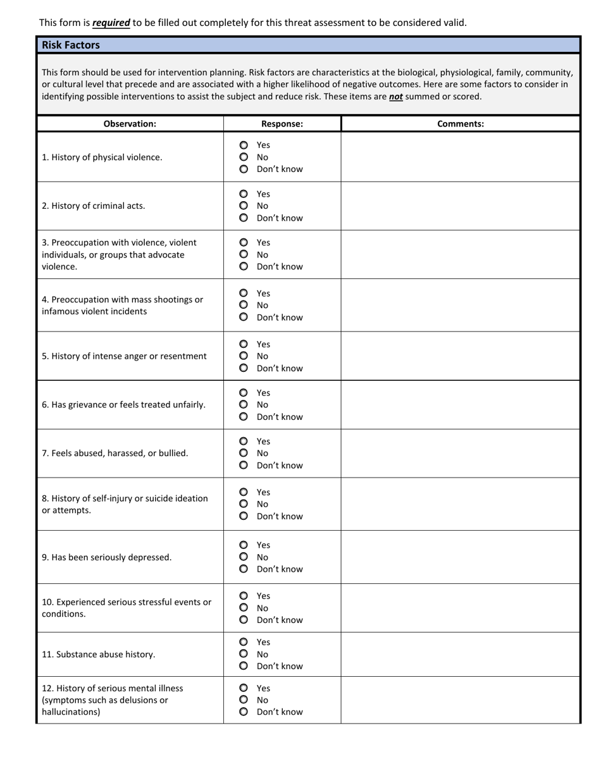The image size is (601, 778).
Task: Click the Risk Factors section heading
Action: tap(71, 45)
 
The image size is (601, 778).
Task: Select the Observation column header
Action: tap(130, 124)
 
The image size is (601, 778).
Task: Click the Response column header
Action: tap(282, 124)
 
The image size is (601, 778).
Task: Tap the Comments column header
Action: tap(461, 124)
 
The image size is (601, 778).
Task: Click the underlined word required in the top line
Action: tap(111, 23)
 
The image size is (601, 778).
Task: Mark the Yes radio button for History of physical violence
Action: tap(244, 145)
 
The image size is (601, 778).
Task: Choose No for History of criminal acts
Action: tap(244, 206)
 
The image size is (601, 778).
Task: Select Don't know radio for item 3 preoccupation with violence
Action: tap(244, 266)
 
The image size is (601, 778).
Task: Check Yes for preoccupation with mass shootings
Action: tap(244, 293)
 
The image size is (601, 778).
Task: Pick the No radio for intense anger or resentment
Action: tap(244, 356)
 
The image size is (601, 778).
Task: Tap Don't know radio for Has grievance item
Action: tap(244, 417)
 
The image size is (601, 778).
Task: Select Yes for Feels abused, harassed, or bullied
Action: tap(244, 441)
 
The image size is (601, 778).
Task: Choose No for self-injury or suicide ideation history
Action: tap(244, 504)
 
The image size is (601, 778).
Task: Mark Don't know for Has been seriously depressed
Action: tap(244, 569)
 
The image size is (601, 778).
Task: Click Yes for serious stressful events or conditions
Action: tap(244, 596)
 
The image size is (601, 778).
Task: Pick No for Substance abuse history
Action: tap(244, 654)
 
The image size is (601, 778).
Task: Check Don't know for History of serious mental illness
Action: tap(244, 712)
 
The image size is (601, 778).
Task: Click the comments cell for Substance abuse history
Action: tap(461, 654)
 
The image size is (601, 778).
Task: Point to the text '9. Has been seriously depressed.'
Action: tap(106, 557)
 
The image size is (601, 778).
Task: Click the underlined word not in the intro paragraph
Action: tap(395, 97)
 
